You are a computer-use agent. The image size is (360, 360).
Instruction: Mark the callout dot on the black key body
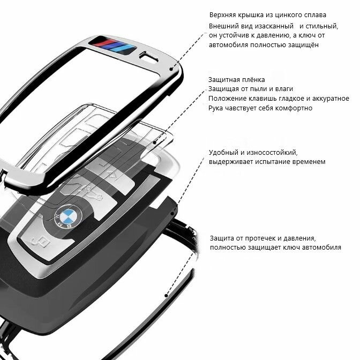[171, 214]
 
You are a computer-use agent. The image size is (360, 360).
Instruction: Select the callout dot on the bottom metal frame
[167, 295]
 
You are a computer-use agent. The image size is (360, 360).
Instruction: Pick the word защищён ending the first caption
[304, 45]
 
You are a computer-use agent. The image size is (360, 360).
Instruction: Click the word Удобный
[224, 152]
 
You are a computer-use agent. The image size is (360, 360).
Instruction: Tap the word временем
[306, 162]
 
